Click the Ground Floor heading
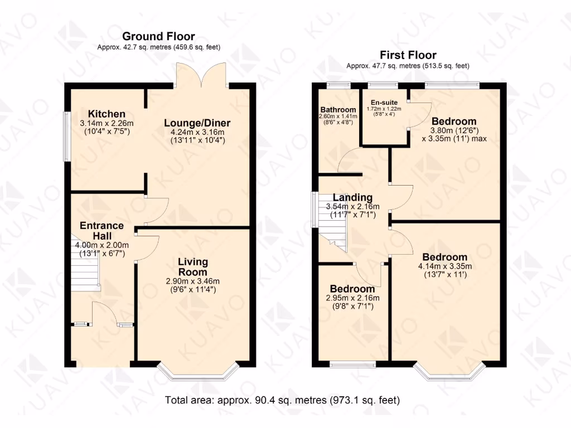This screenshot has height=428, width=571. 158,37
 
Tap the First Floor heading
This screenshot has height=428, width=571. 408,55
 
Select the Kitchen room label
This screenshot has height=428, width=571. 102,114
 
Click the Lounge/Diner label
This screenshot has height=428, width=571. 197,123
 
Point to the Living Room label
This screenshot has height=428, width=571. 193,266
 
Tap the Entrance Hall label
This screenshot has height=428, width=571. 101,230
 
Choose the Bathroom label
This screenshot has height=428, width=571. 338,109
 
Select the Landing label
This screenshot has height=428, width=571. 352,197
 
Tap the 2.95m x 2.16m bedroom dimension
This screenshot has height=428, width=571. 352,298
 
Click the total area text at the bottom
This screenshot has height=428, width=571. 283,400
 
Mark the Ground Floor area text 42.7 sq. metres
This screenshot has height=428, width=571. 158,47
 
